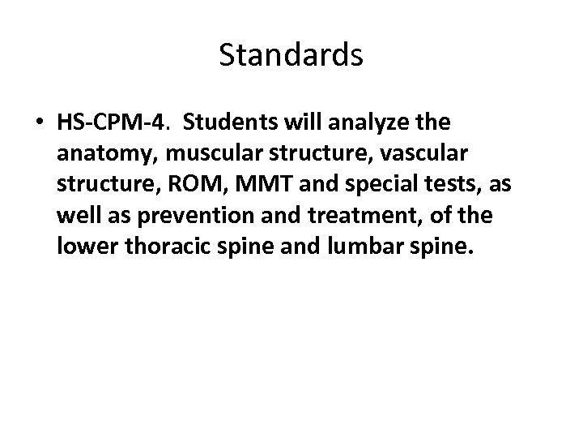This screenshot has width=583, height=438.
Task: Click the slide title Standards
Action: click(x=291, y=55)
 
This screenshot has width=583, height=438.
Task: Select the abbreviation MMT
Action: click(x=260, y=185)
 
